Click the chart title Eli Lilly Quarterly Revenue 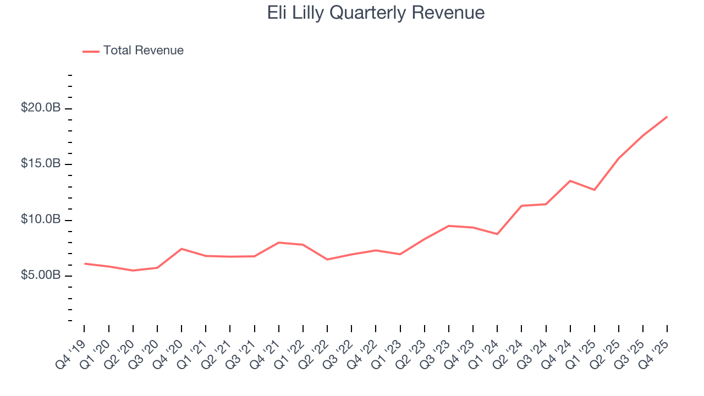click(x=376, y=13)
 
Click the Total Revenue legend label click(x=143, y=51)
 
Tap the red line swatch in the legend click(x=91, y=51)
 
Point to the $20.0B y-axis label click(x=40, y=108)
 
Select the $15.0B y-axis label click(x=40, y=164)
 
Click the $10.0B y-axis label click(x=40, y=220)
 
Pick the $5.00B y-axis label click(x=40, y=276)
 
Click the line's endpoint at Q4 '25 click(x=667, y=117)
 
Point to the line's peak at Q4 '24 click(x=570, y=180)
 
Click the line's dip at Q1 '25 click(x=595, y=190)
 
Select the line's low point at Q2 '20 click(x=133, y=271)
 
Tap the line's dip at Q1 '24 click(x=497, y=234)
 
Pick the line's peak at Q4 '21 click(x=279, y=243)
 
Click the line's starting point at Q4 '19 click(x=85, y=263)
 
